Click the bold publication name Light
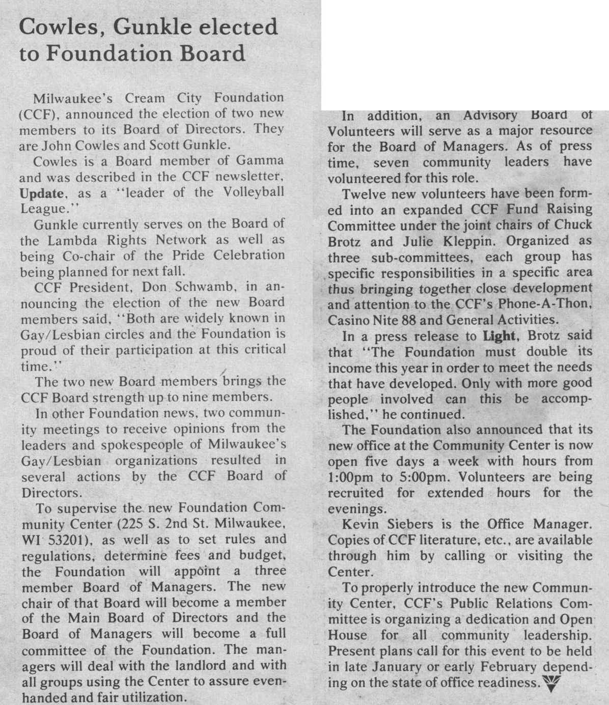(x=500, y=335)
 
